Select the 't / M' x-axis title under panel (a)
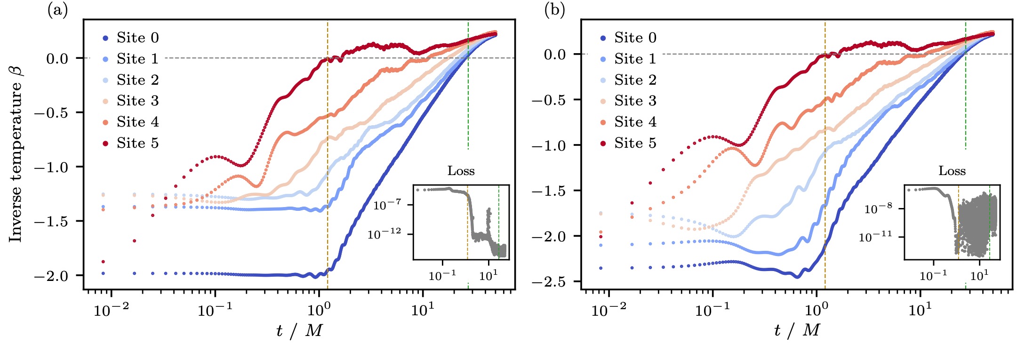(x=299, y=331)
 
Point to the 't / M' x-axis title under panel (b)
(x=797, y=331)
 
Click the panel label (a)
(x=57, y=10)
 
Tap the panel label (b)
(x=554, y=10)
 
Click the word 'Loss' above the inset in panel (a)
(x=461, y=171)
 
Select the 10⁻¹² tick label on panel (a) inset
(x=384, y=233)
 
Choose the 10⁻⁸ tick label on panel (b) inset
(x=878, y=208)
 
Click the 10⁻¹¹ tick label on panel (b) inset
(x=875, y=236)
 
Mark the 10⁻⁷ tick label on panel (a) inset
(x=387, y=205)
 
